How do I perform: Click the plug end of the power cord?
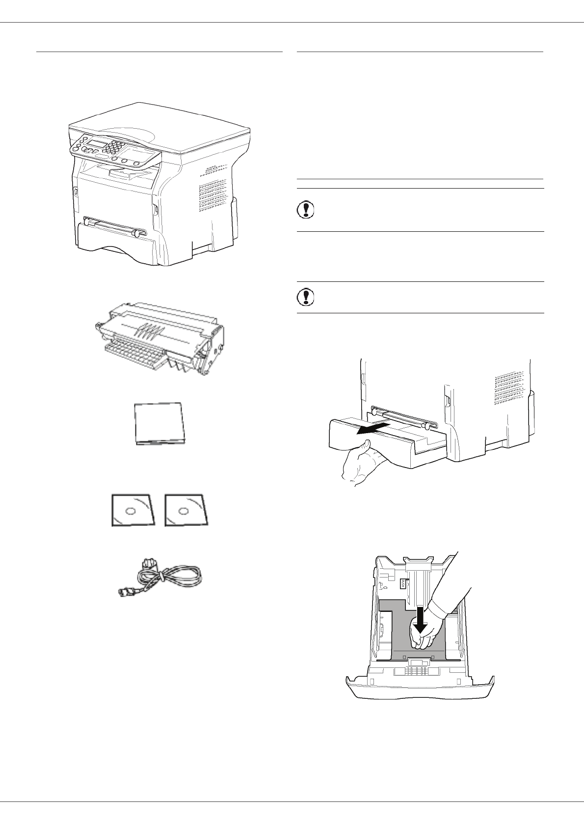pyautogui.click(x=125, y=592)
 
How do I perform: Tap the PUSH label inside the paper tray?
pyautogui.click(x=402, y=583)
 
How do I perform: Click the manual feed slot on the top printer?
pyautogui.click(x=115, y=223)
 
